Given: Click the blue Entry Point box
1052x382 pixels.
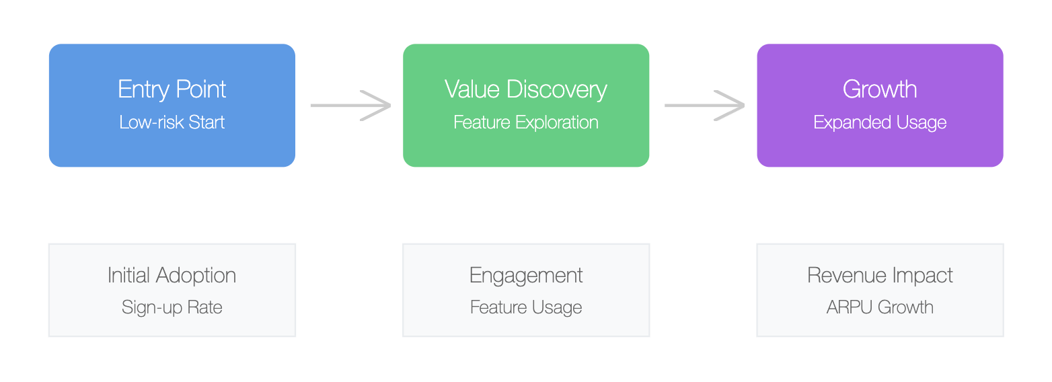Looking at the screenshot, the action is pos(172,106).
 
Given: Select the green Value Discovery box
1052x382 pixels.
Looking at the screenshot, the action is pos(526,106).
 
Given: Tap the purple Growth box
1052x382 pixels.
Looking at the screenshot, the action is pos(880,106).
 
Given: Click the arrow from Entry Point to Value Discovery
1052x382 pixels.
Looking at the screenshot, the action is pos(350,106).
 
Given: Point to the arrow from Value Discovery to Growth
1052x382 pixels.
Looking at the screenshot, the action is pos(704,106).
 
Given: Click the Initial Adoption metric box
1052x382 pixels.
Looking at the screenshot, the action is pos(172,290).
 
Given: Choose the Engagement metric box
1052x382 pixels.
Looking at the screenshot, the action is pos(526,290).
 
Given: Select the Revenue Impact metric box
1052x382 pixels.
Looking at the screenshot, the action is pos(880,290).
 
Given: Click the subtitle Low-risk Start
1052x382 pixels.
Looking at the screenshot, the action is pos(172,122).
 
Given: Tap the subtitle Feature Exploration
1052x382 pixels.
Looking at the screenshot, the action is pos(526,122).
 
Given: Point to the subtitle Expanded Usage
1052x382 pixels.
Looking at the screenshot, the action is pos(880,122).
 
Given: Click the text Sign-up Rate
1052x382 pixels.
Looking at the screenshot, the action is pos(172,307).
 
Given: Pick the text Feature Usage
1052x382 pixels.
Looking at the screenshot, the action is pos(526,307).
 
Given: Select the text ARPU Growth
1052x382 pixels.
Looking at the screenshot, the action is pos(880,307).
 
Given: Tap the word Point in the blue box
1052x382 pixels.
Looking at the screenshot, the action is pos(201,89).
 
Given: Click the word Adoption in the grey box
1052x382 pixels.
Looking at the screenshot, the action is pos(196,276).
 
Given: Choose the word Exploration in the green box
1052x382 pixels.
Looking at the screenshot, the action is pos(557,122).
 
